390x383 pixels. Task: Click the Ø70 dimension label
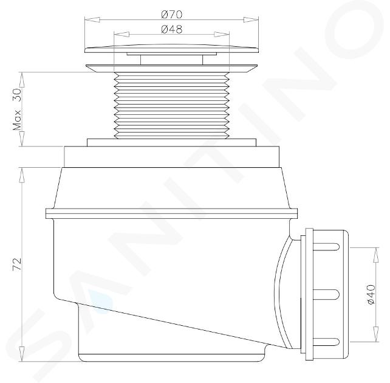tap(172, 15)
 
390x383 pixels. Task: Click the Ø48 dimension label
tap(172, 29)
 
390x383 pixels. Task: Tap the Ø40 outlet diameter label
tap(371, 295)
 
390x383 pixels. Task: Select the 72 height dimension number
tap(18, 264)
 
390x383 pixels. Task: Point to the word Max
tap(18, 120)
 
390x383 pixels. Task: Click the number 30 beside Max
tap(18, 95)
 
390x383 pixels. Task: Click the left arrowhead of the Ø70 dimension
tap(92, 19)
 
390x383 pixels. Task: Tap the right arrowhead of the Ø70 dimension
tap(251, 19)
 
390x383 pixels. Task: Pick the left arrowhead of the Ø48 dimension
tap(121, 34)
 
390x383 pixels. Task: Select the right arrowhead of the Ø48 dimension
tap(221, 34)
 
